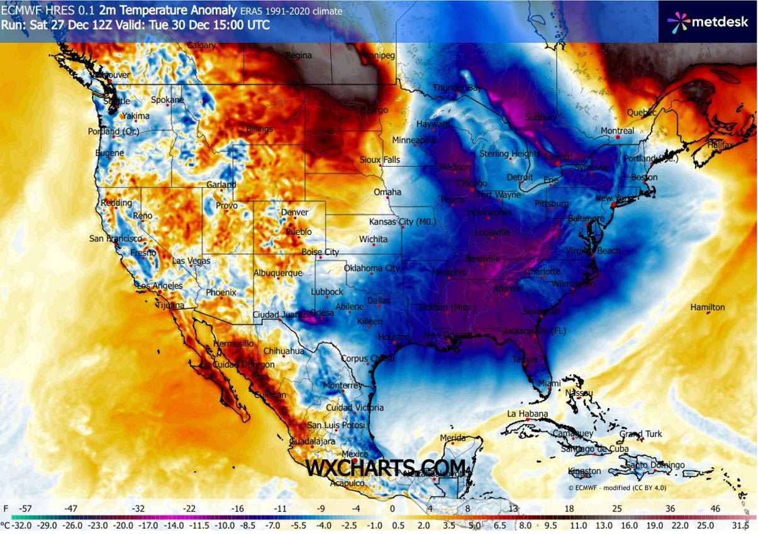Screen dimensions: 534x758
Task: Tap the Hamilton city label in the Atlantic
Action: pyautogui.click(x=707, y=307)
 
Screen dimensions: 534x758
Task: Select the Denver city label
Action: pyautogui.click(x=294, y=212)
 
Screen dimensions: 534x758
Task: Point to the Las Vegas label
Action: pyautogui.click(x=187, y=261)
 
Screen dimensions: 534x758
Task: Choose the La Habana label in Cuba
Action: pyautogui.click(x=527, y=414)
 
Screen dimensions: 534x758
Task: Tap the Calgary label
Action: pyautogui.click(x=201, y=45)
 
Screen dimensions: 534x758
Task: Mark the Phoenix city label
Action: pyautogui.click(x=221, y=292)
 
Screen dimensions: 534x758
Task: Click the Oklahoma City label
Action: pyautogui.click(x=372, y=268)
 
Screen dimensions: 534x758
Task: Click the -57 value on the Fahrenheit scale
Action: pyautogui.click(x=26, y=508)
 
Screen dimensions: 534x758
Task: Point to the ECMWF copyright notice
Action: pyautogui.click(x=616, y=487)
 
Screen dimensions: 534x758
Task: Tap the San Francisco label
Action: pyautogui.click(x=115, y=239)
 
